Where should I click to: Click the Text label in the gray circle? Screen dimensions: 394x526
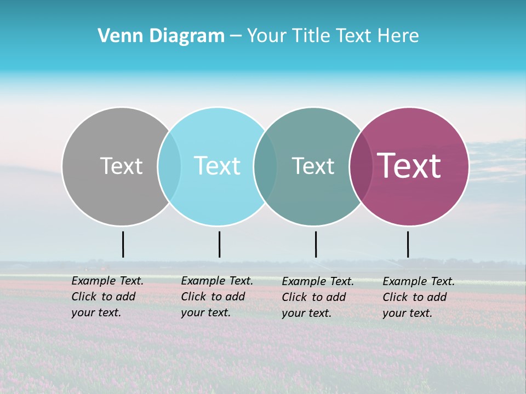coord(121,166)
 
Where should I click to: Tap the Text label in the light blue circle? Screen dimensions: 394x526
coord(217,166)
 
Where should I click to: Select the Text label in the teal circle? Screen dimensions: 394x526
coord(313,166)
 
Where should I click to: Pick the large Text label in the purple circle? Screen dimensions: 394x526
coord(409,166)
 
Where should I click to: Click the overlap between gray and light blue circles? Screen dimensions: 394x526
coord(169,166)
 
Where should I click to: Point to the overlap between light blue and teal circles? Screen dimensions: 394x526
coord(265,166)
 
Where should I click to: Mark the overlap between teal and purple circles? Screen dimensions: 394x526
coord(361,166)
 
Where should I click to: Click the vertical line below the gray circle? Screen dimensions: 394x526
coord(123,244)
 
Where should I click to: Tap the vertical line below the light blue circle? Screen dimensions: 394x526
coord(219,244)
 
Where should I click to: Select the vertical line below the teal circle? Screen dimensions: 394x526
coord(316,244)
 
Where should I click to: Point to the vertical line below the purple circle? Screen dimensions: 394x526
coord(408,244)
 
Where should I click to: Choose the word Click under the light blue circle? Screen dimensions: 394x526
coord(193,297)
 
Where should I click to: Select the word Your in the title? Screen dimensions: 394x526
coord(267,36)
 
